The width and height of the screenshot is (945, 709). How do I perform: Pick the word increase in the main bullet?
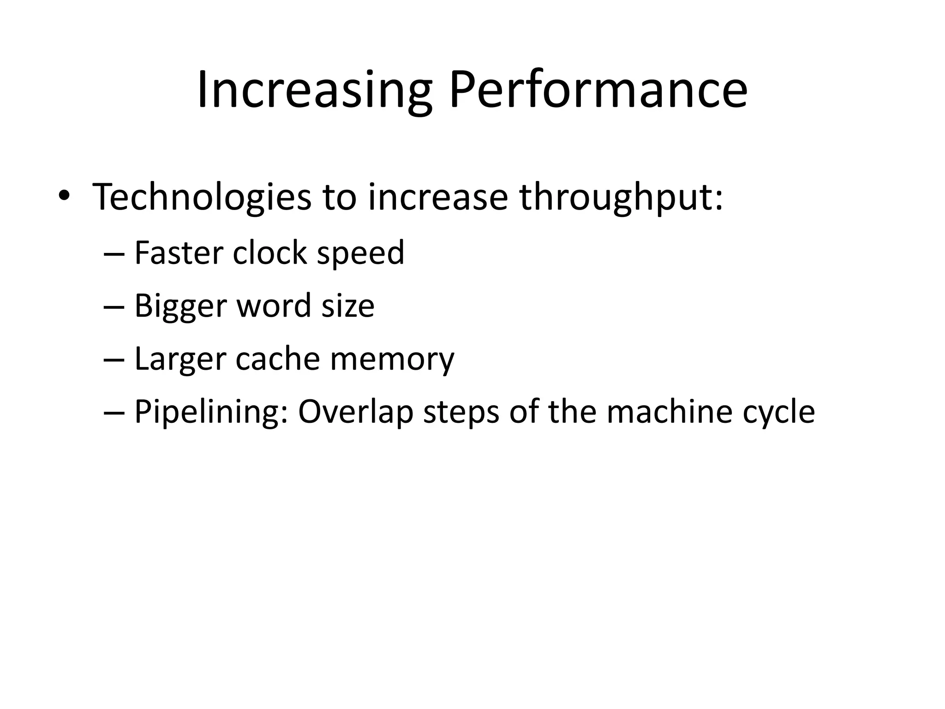point(438,197)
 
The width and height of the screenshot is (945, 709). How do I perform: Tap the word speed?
point(360,254)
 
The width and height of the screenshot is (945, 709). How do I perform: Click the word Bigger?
point(180,306)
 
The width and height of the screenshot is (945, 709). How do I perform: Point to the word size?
point(348,306)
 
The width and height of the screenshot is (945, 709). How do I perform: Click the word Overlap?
point(355,412)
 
